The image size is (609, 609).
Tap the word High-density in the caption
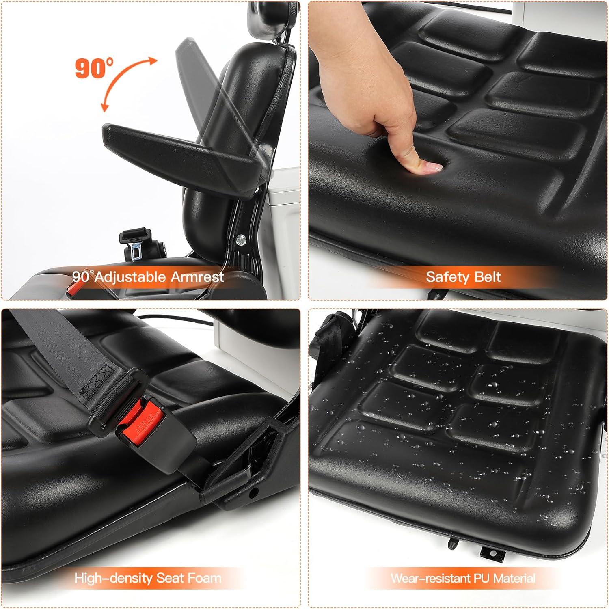110,578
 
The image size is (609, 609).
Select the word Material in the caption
514,578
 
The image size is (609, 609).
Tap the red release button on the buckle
137,418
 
